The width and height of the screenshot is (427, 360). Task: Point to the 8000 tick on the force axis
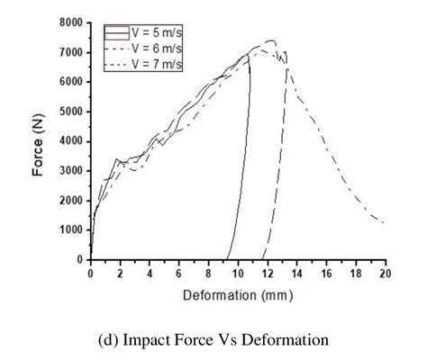74,22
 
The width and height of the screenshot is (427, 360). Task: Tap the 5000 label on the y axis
74,112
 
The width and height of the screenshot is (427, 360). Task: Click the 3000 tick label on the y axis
74,170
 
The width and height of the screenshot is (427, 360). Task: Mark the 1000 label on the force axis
74,229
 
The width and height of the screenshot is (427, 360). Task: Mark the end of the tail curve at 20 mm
384,222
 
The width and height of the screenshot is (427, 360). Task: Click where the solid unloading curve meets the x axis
226,259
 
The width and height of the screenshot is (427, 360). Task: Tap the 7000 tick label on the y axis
74,52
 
